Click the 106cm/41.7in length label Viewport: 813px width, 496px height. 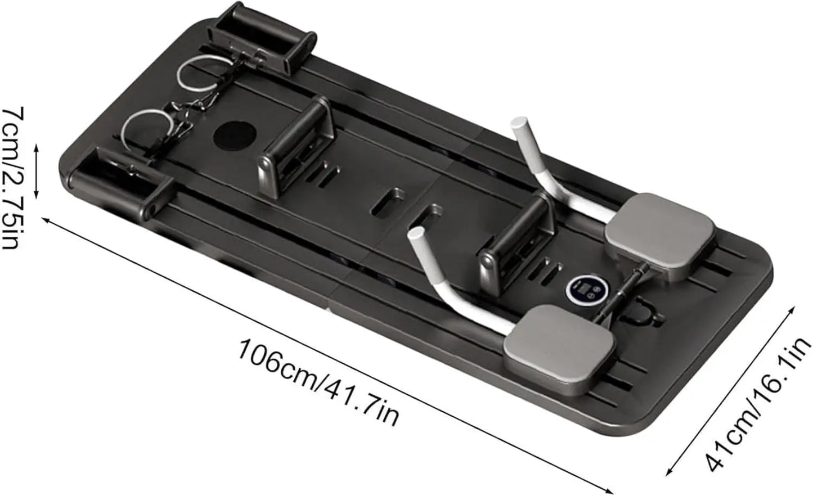[318, 382]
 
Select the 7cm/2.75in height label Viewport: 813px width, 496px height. [14, 178]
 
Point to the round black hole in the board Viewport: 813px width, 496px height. [235, 137]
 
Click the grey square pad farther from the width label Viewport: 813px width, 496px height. [659, 236]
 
